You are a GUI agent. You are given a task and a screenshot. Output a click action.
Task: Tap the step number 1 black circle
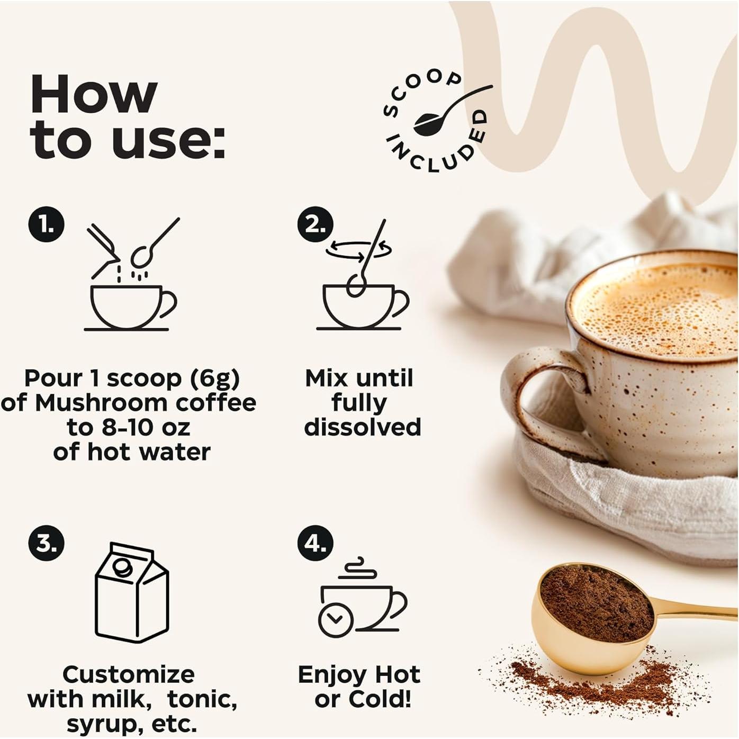(x=46, y=224)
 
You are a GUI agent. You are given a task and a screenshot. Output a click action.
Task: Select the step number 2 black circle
(x=316, y=224)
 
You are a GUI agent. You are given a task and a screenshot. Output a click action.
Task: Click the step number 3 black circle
(x=46, y=543)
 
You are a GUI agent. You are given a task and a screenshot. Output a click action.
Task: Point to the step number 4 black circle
(x=316, y=543)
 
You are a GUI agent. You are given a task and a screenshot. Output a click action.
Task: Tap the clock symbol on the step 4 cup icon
(x=336, y=619)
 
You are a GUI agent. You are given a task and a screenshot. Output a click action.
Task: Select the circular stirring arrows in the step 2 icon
(x=358, y=249)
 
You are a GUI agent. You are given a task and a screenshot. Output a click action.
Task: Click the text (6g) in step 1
(x=214, y=378)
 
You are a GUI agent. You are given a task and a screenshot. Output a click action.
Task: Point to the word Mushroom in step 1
(x=101, y=403)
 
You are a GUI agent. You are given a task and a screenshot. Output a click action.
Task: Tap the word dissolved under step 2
(x=363, y=427)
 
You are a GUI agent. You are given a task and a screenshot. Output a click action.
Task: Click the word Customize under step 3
(x=129, y=674)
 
